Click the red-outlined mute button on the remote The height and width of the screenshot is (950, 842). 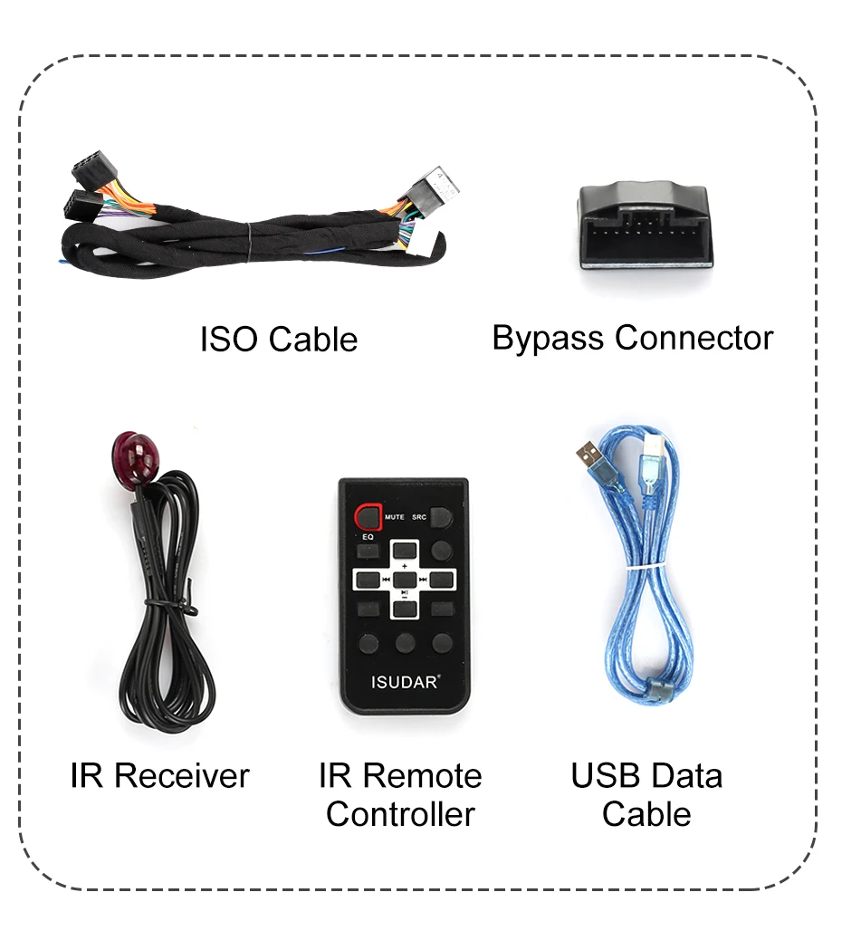pos(368,517)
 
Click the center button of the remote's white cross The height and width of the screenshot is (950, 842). pos(404,578)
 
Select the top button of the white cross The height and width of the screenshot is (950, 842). pos(404,552)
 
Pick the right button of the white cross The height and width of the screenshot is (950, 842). pos(440,578)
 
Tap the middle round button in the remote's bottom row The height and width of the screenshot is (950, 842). pos(404,643)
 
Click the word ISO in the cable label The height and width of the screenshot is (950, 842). pos(230,340)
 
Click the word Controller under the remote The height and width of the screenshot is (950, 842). pos(400,814)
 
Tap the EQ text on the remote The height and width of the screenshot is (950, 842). pos(368,537)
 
